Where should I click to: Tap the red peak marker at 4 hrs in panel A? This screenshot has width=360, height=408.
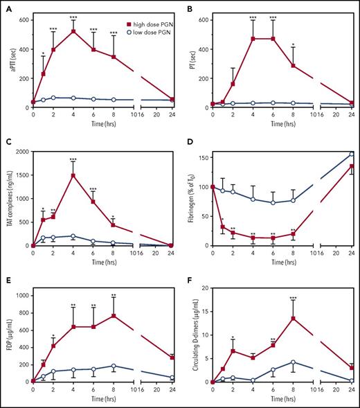click(73, 31)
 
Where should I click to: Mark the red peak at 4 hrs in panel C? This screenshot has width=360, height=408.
click(73, 175)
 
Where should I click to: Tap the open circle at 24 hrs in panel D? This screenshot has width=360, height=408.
click(351, 154)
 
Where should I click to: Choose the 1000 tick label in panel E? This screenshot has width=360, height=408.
click(21, 295)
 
